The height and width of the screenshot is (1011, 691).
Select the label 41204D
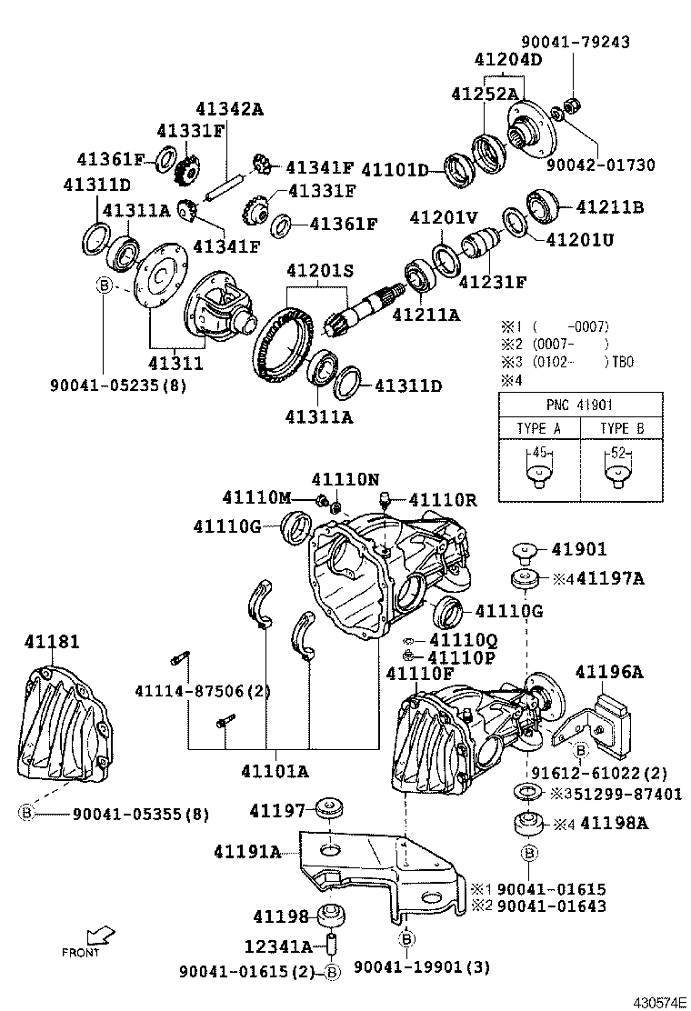tap(507, 60)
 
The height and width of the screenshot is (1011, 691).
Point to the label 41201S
tap(318, 270)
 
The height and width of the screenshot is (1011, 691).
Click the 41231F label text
tap(492, 282)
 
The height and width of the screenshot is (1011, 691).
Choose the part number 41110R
tap(441, 499)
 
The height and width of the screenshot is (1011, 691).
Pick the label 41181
tap(51, 642)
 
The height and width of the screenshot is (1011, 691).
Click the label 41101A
tap(275, 771)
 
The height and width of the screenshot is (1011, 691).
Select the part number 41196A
tap(608, 672)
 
